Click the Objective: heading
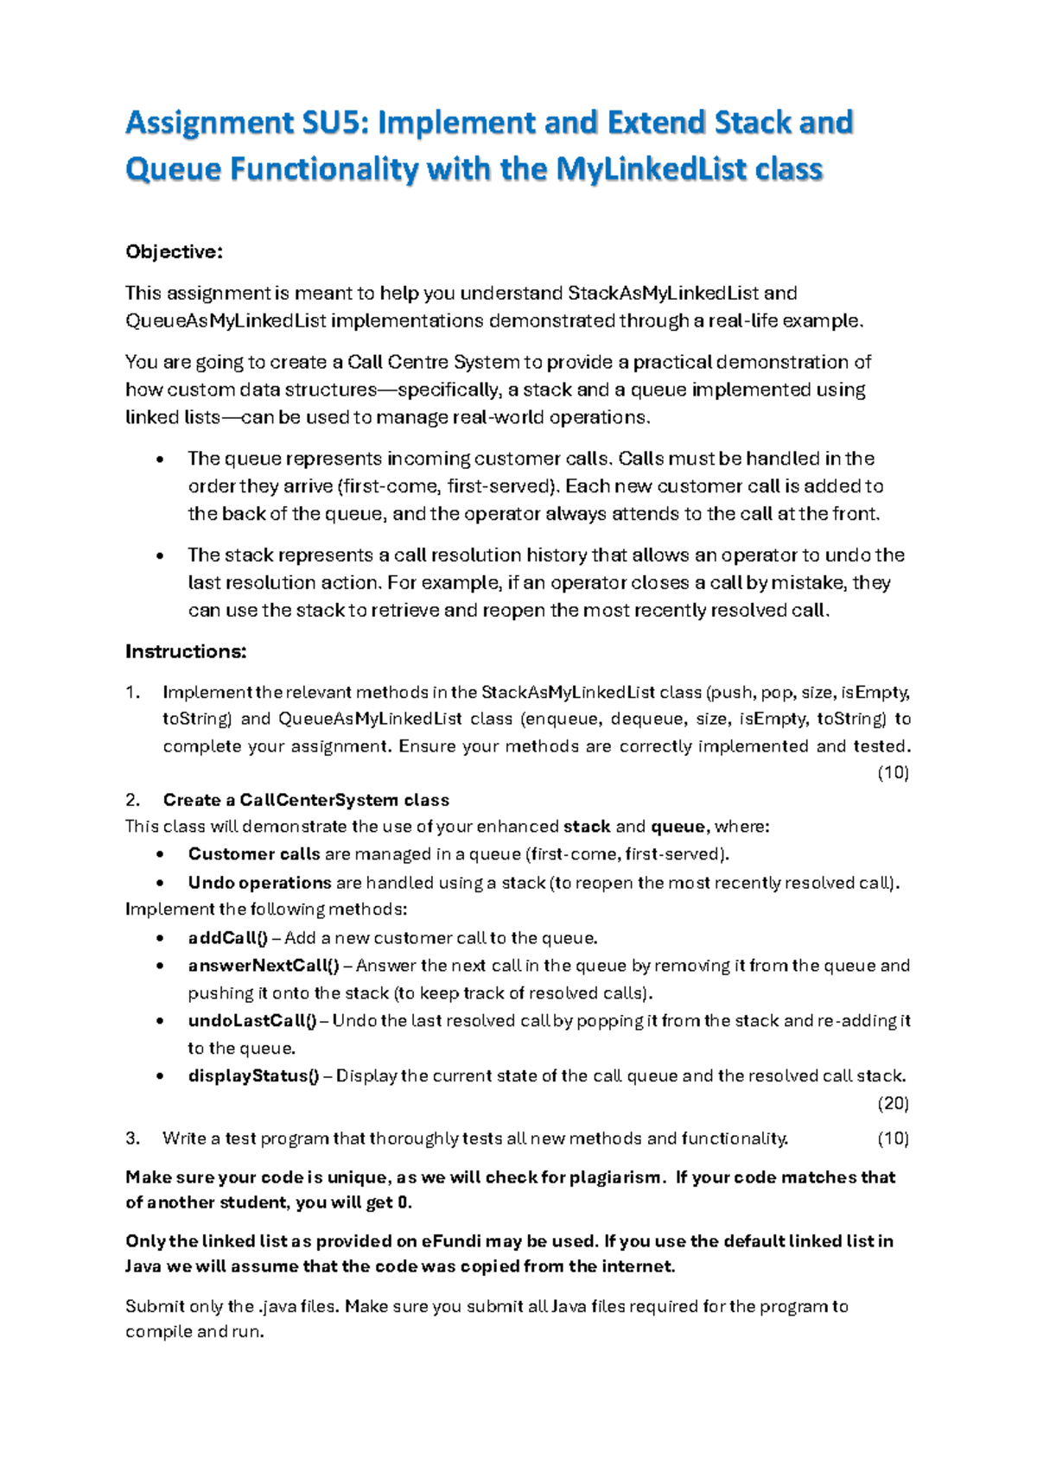[174, 251]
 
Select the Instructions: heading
[186, 651]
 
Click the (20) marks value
[893, 1103]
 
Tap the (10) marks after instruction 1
[893, 773]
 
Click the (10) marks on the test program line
[893, 1138]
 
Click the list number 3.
[132, 1138]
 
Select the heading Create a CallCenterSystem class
[306, 800]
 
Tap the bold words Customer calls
[254, 854]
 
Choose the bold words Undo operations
[259, 883]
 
